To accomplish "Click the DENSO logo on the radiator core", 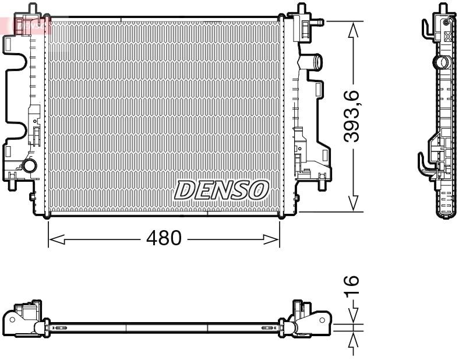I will pyautogui.click(x=221, y=190).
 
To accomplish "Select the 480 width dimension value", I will pyautogui.click(x=164, y=239).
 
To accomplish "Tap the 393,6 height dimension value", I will pyautogui.click(x=352, y=117).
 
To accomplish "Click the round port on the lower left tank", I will pyautogui.click(x=29, y=167).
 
